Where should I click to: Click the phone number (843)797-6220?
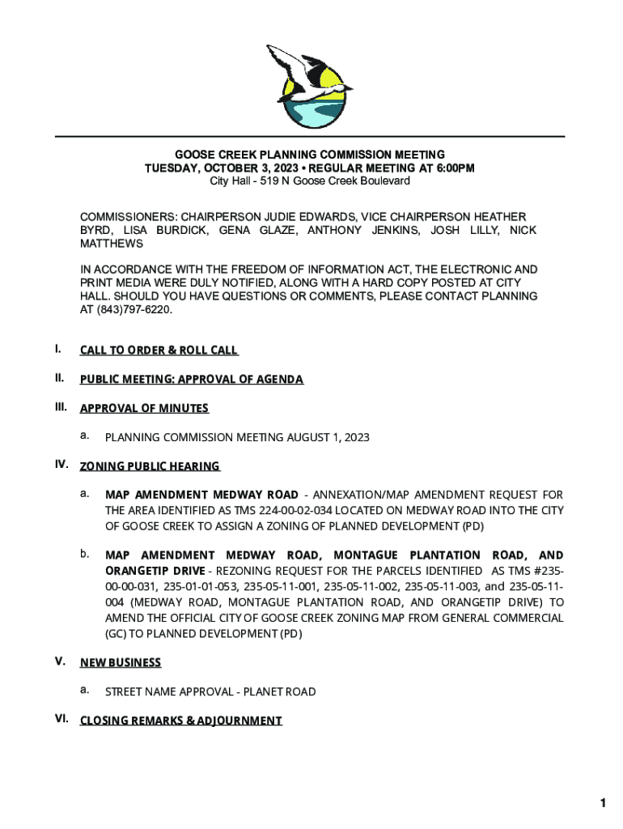click(x=133, y=310)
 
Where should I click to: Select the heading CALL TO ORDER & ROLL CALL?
click(x=159, y=351)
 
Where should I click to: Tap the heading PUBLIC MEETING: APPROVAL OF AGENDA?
click(x=191, y=380)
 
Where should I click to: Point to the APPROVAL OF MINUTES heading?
click(x=144, y=408)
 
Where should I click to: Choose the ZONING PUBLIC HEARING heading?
click(x=150, y=466)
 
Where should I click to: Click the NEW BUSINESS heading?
click(x=121, y=663)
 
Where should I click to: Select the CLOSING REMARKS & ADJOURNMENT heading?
click(x=180, y=721)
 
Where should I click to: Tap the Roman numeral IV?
click(x=61, y=465)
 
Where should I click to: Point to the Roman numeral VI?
click(x=61, y=719)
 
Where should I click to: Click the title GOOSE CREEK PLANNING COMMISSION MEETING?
click(x=310, y=155)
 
